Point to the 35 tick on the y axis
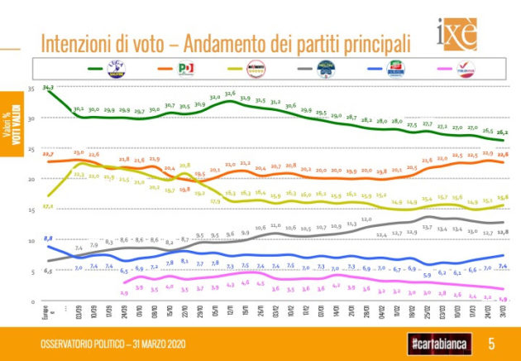coord(31,88)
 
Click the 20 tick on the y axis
coord(31,180)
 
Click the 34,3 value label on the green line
coord(48,87)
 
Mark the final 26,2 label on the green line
coord(502,132)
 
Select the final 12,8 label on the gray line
coord(502,231)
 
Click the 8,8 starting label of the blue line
coord(48,238)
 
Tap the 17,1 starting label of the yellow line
coord(48,205)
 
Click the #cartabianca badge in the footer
coord(435,343)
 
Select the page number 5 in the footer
coord(490,343)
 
